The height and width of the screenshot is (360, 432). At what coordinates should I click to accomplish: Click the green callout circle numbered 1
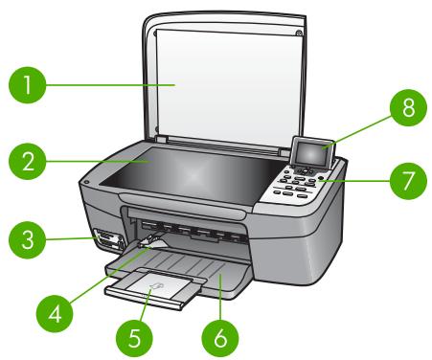click(x=28, y=85)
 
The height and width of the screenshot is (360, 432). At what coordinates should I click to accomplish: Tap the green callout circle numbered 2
click(x=28, y=161)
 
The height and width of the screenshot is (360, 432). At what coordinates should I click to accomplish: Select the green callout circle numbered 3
click(x=28, y=239)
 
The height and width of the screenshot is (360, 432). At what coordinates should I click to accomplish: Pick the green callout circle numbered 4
click(x=55, y=314)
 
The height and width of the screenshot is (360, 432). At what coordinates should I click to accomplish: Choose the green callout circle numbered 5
click(x=134, y=338)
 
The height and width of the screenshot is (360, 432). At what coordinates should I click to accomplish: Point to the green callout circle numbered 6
click(x=220, y=338)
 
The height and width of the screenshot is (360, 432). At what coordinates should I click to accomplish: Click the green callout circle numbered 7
click(x=408, y=181)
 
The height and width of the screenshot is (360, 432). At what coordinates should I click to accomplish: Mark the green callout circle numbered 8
click(x=408, y=107)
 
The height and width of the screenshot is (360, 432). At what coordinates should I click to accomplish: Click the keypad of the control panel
click(x=295, y=184)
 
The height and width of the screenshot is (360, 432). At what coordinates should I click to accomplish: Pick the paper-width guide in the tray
click(x=152, y=241)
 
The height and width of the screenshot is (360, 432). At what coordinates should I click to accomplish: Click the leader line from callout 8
click(x=357, y=132)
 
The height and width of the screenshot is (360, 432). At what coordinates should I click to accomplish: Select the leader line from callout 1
click(x=110, y=85)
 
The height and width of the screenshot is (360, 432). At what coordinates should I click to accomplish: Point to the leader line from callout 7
click(x=354, y=181)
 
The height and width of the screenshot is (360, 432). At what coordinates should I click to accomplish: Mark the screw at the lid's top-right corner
click(x=298, y=33)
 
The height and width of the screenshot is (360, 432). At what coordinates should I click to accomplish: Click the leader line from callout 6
click(x=220, y=297)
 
